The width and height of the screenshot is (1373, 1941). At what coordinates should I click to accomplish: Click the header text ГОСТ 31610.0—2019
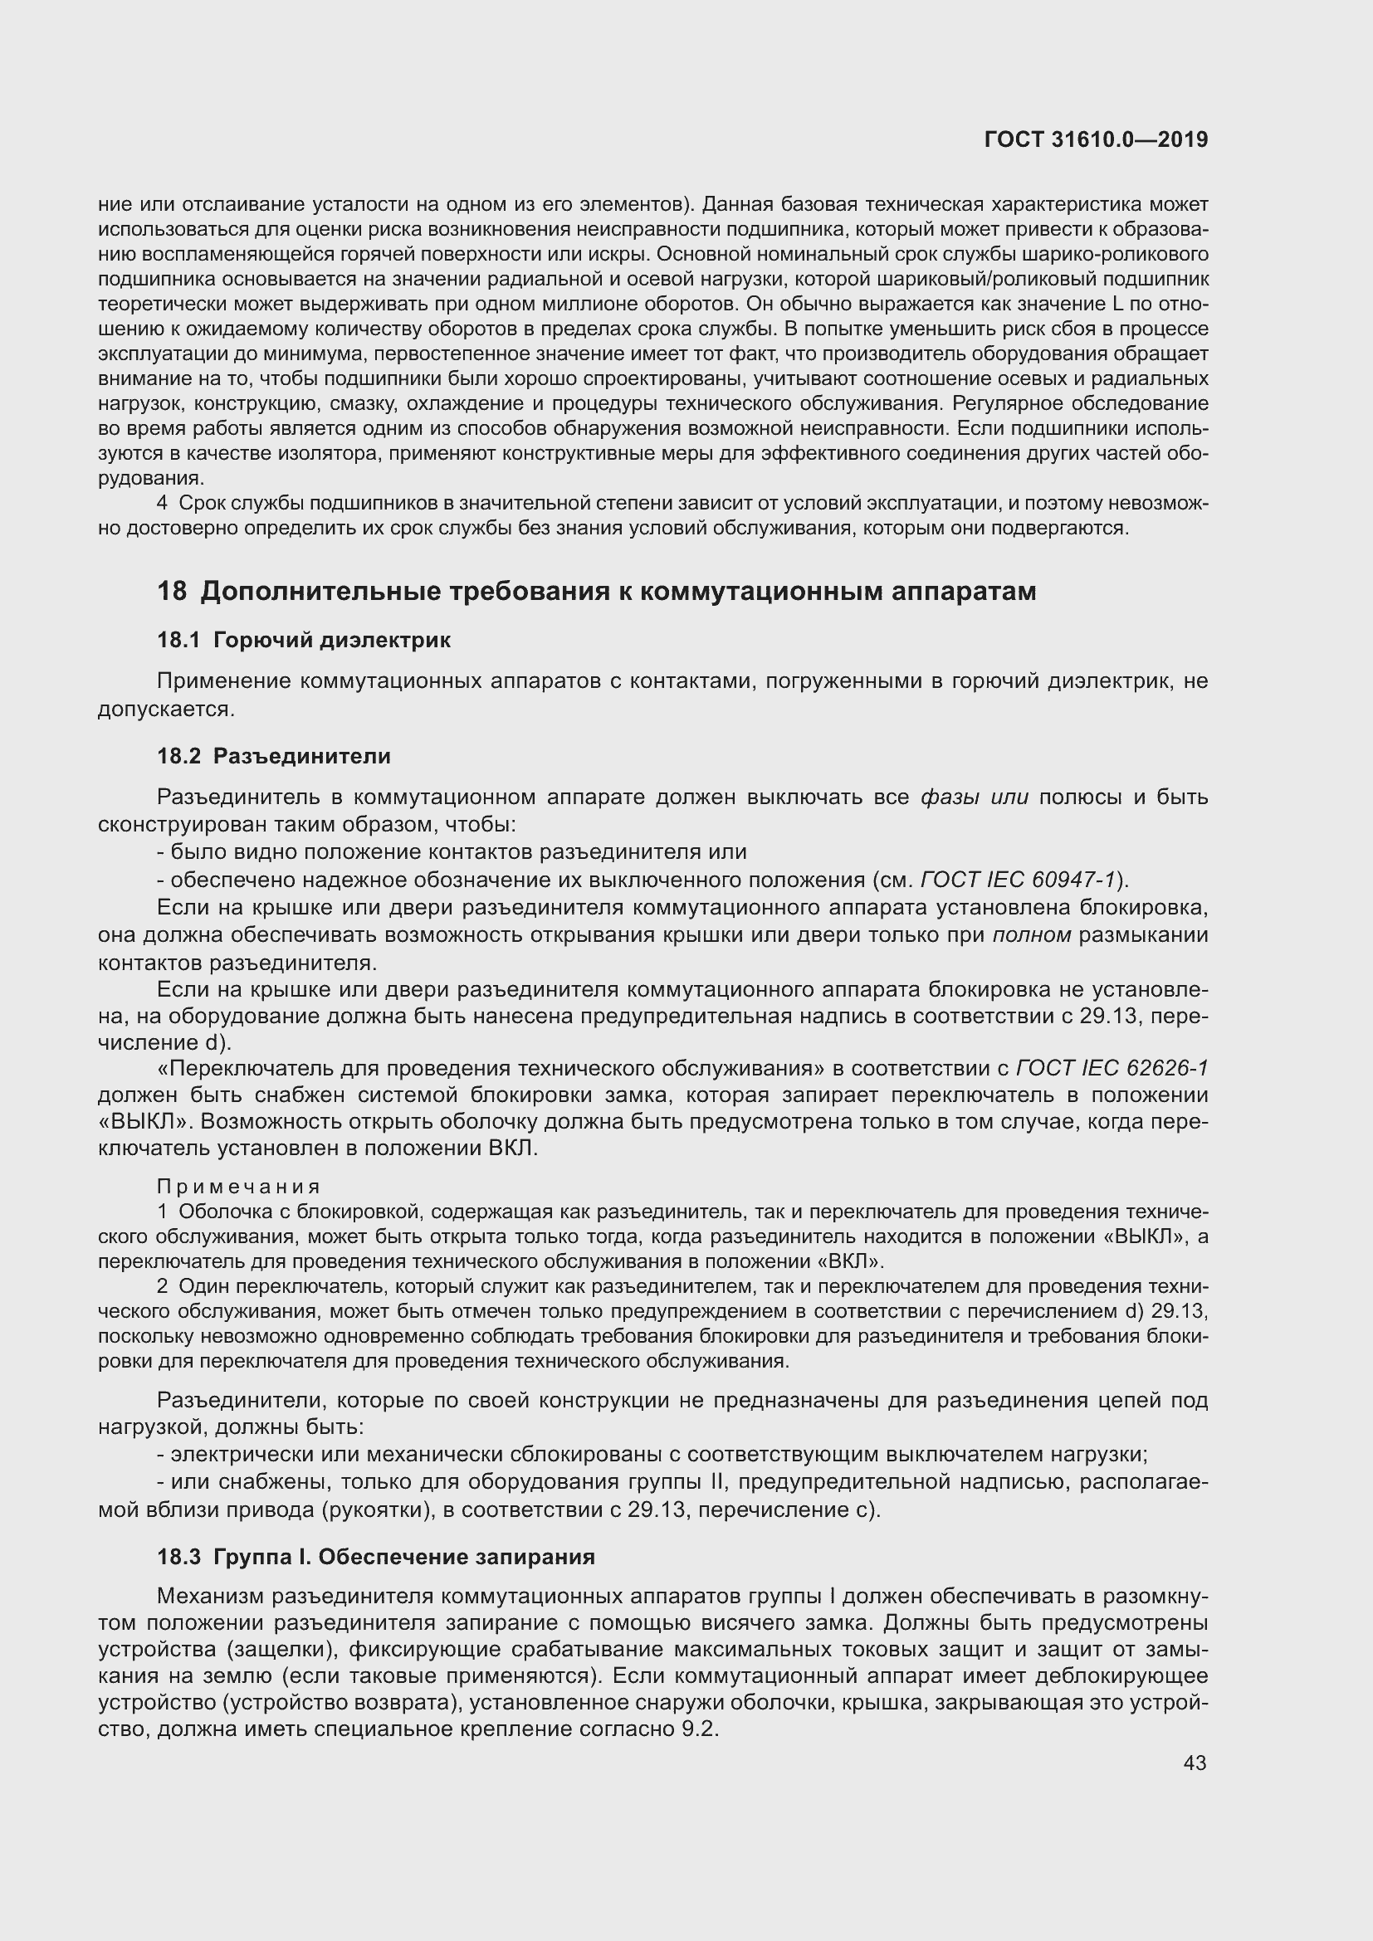[1096, 140]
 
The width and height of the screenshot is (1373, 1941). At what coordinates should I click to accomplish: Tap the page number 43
[1195, 1763]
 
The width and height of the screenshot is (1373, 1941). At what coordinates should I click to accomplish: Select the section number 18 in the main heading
[172, 591]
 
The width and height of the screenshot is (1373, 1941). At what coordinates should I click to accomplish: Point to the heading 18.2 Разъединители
[274, 756]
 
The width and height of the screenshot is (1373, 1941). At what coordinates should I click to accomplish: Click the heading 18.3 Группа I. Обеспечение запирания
[376, 1556]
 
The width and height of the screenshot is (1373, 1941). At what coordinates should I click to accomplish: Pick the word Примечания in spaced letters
[239, 1188]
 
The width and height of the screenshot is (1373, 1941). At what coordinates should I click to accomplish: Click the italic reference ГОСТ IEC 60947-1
[1018, 880]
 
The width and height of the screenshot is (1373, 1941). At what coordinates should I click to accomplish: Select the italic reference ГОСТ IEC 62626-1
[1112, 1069]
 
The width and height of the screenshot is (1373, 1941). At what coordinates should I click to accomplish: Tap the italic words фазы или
[974, 797]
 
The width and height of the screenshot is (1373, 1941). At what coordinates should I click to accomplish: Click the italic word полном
[1032, 935]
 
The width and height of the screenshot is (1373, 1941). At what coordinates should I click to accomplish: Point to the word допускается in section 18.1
[165, 709]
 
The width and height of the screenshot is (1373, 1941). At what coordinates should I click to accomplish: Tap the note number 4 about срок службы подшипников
[163, 504]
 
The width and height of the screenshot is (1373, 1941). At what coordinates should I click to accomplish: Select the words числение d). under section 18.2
[165, 1042]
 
